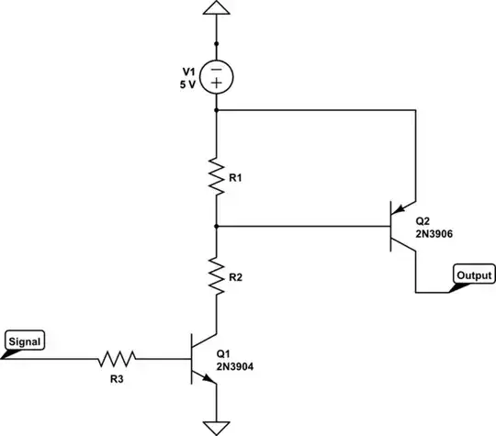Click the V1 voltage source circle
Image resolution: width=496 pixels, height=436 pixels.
point(217,75)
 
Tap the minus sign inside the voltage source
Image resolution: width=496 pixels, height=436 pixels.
point(217,67)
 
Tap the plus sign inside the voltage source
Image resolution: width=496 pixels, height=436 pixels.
point(217,84)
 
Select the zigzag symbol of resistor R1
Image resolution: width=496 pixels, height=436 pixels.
point(217,175)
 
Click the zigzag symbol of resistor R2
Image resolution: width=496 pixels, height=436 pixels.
point(217,276)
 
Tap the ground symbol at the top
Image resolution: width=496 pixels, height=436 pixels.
point(217,11)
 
